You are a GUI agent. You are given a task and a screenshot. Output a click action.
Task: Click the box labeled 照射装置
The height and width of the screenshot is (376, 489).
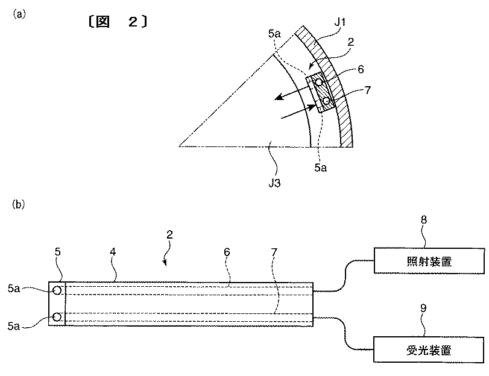click(x=429, y=261)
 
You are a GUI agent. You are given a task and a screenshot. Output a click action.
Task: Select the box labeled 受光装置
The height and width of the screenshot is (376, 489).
click(x=429, y=350)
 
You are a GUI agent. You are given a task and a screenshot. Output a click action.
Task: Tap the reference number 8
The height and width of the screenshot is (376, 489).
click(x=423, y=220)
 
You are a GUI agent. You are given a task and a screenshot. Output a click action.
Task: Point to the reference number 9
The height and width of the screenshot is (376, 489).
click(x=423, y=309)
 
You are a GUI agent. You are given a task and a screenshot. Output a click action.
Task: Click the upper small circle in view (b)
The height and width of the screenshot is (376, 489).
click(x=57, y=290)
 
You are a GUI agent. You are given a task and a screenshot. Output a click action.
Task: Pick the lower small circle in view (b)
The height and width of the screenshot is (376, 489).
click(x=57, y=317)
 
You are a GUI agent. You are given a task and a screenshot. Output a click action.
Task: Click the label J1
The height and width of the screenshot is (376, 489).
click(x=339, y=22)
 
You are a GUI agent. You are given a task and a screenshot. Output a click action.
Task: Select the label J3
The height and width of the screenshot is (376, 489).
click(x=274, y=183)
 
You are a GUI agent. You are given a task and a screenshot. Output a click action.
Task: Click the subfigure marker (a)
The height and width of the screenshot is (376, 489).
click(x=19, y=14)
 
